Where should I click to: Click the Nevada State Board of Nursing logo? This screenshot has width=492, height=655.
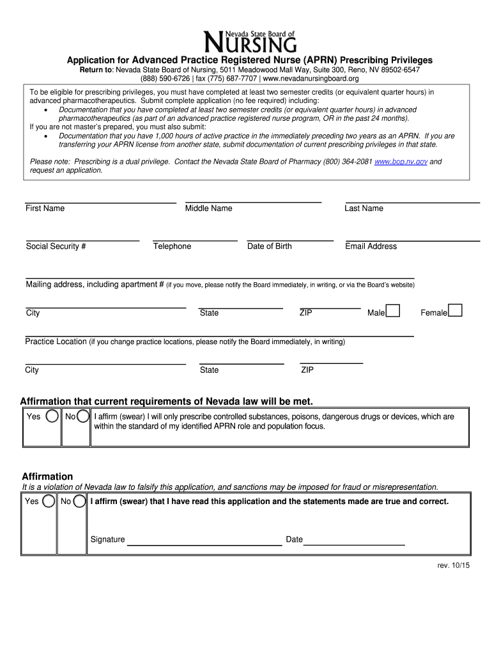pos(250,42)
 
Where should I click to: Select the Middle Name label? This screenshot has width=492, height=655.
pos(208,209)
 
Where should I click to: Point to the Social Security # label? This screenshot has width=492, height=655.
pos(56,246)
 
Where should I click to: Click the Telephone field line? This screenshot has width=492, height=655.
pos(195,240)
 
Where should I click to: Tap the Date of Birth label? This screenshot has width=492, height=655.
pos(269,246)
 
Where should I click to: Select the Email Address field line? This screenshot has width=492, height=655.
pos(412,240)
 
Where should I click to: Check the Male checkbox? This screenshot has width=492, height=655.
pos(394,311)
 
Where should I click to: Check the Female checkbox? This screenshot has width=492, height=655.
pos(455,311)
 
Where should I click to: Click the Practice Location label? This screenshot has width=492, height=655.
pos(56,342)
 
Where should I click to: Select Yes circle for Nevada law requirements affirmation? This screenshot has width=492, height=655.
pos(52,417)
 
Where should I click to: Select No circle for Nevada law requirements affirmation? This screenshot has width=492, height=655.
pos(83,417)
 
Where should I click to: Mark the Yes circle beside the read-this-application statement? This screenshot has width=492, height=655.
pos(49,501)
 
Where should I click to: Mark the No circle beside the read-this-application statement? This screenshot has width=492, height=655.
pos(80,501)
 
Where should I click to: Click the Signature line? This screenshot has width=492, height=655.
pos(204,544)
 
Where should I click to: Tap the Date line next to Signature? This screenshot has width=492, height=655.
pos(354,544)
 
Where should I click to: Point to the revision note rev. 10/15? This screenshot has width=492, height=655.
pos(453,565)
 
